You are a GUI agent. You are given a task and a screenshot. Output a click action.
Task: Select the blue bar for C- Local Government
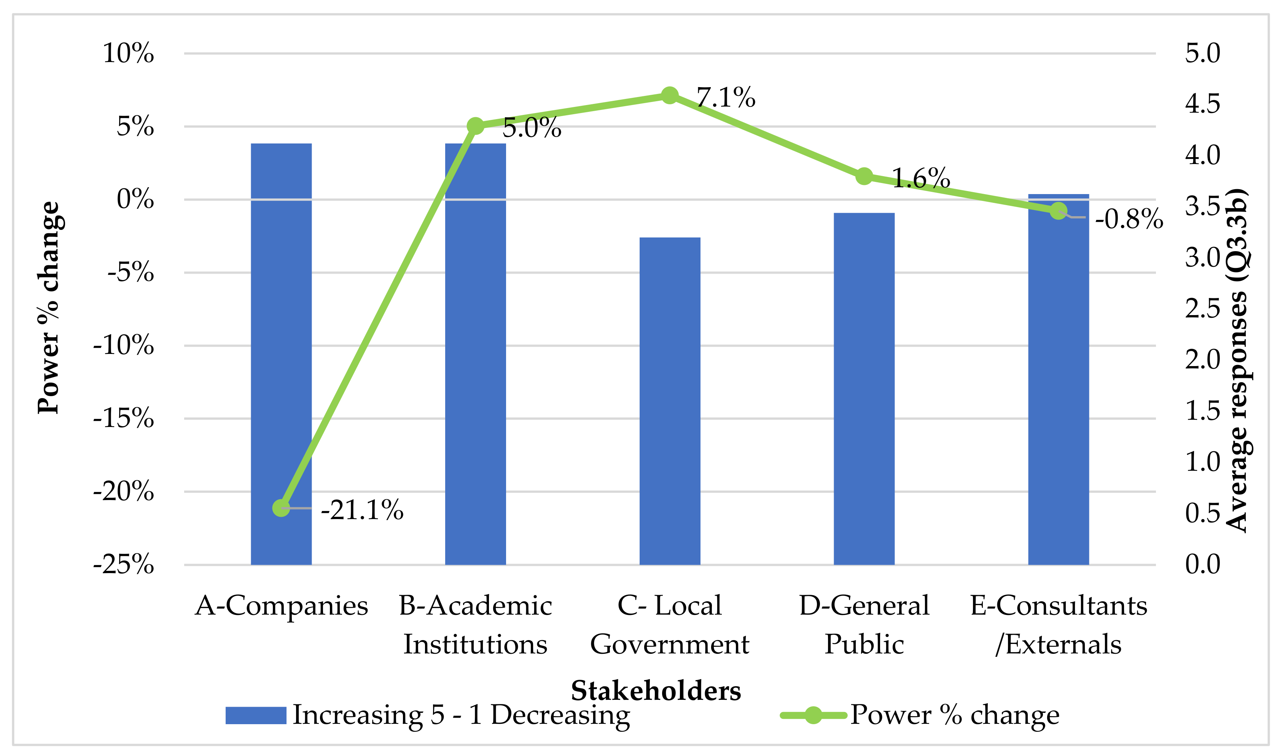coord(669,402)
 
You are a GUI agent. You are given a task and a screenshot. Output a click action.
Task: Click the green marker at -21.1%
coord(281,507)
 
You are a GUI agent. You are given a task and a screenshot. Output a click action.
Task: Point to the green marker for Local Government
coord(669,95)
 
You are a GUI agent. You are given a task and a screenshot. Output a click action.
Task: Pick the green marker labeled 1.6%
coord(863,177)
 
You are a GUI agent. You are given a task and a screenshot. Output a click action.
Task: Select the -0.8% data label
coord(1129,219)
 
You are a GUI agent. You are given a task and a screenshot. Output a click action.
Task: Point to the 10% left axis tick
coord(128,53)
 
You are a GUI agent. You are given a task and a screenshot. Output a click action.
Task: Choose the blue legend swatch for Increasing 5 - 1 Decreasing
coord(256,715)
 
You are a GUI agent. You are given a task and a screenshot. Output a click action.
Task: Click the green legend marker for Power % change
coord(813,715)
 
